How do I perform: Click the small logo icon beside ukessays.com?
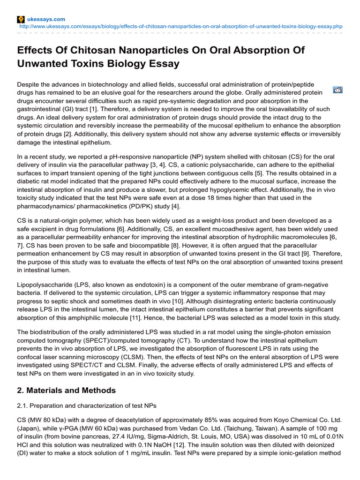pyautogui.click(x=20, y=19)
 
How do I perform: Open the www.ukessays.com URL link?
pyautogui.click(x=181, y=27)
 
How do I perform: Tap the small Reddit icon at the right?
pyautogui.click(x=337, y=90)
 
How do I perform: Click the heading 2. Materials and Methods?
pyautogui.click(x=66, y=390)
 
